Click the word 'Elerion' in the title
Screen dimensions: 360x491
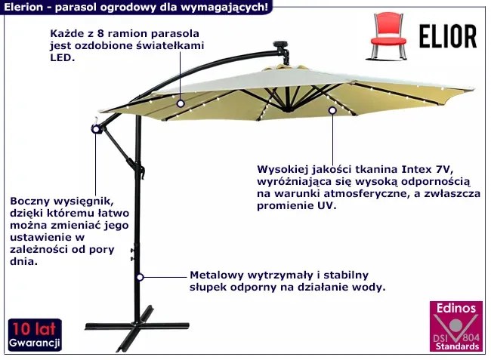pyautogui.click(x=21, y=7)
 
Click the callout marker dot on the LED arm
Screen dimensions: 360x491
pyautogui.click(x=181, y=102)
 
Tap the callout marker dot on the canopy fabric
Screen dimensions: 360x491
pyautogui.click(x=332, y=111)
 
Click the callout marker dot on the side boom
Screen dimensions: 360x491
pyautogui.click(x=96, y=130)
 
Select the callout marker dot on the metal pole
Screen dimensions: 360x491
pyautogui.click(x=139, y=278)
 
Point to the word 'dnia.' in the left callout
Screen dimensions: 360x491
pyautogui.click(x=24, y=262)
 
